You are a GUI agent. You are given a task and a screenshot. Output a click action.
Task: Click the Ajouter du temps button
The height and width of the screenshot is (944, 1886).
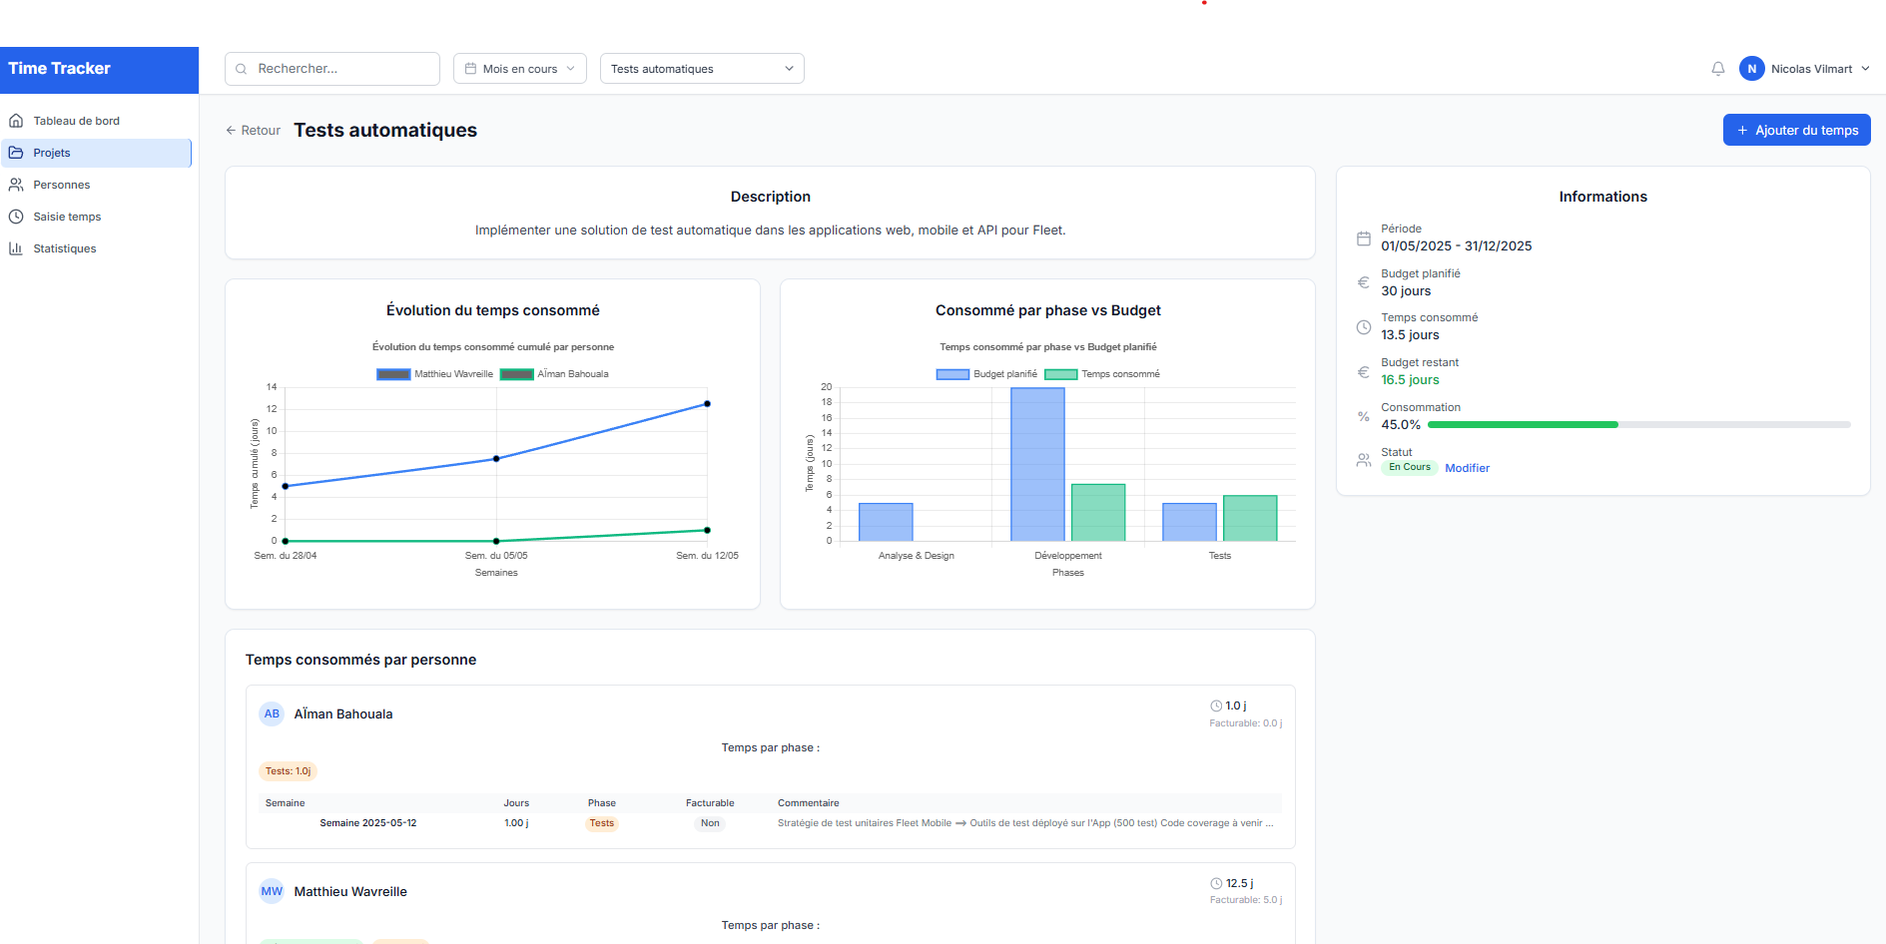coord(1796,130)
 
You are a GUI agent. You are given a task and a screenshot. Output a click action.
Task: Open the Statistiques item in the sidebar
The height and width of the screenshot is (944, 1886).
coord(64,248)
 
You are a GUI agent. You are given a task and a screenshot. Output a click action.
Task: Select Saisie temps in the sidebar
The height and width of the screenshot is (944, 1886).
coord(66,217)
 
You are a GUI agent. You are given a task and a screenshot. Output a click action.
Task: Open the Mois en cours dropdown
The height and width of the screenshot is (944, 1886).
coord(519,69)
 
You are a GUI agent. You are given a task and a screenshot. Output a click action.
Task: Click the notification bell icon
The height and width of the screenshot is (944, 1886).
coord(1717,69)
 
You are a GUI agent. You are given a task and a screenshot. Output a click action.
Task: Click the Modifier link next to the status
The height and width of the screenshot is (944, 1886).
coord(1467,468)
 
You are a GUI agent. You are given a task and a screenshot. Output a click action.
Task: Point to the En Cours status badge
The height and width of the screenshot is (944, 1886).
coord(1409,467)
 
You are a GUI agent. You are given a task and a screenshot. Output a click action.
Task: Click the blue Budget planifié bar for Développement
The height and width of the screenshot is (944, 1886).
coord(1037,464)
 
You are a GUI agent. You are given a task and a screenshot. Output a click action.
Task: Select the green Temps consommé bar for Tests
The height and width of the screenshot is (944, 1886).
coord(1250,518)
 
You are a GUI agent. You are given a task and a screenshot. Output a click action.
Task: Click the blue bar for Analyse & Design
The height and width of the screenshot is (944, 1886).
coord(886,522)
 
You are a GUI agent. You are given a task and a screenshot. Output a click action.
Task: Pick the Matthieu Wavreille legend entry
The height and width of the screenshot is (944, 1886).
coord(435,374)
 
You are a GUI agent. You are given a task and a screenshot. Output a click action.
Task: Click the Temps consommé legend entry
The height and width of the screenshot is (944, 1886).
coord(1102,374)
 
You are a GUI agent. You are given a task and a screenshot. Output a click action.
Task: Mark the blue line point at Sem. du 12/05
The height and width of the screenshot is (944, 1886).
coord(707,404)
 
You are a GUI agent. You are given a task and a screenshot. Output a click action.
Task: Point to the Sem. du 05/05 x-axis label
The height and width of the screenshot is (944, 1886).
coord(496,556)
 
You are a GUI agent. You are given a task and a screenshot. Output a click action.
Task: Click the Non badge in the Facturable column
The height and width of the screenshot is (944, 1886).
coord(710,823)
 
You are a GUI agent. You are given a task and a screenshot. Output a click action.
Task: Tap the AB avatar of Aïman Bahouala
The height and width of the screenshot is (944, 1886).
coord(272,713)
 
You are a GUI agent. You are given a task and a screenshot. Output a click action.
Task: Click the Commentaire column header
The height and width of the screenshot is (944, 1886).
coord(808,803)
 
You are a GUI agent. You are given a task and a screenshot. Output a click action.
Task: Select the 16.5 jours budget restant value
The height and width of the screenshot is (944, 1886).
coord(1410,380)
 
